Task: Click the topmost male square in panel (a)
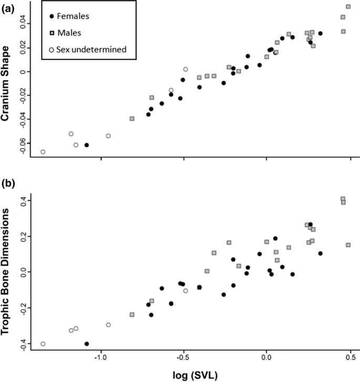point(348,7)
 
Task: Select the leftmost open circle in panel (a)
point(43,152)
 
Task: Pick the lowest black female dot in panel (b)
point(87,344)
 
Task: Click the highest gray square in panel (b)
point(343,199)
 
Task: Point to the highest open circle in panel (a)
point(186,69)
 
